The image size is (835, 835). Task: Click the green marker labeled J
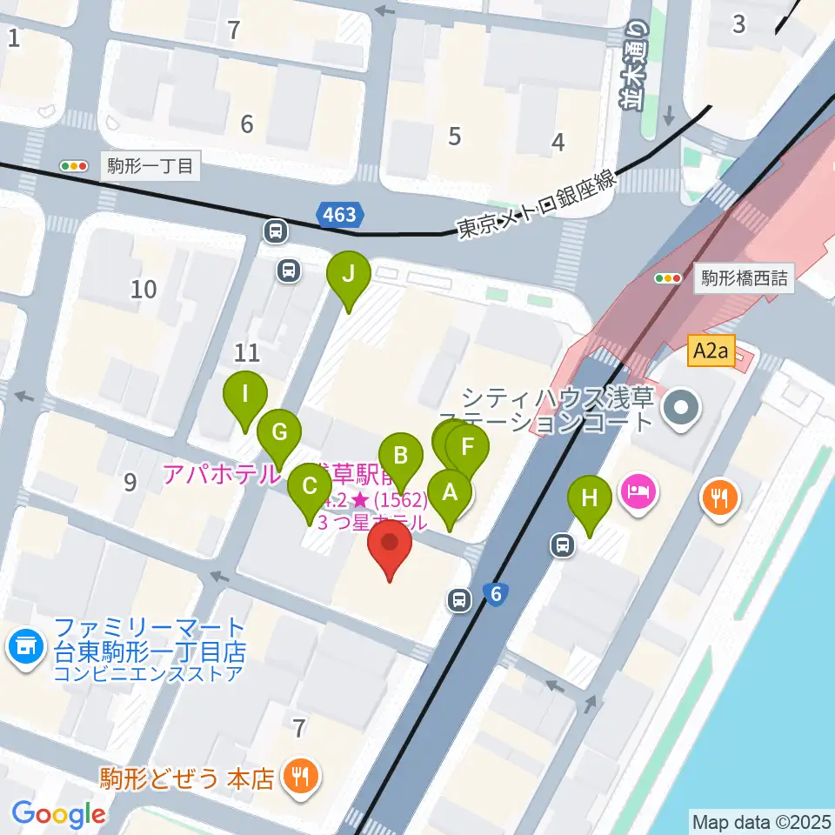click(348, 275)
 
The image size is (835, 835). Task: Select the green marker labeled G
click(279, 432)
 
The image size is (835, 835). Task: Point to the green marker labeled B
click(401, 456)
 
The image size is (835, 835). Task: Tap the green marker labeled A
click(450, 493)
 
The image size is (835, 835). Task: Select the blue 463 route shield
click(339, 215)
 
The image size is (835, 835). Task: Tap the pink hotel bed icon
click(639, 492)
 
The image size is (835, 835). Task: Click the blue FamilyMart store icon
click(24, 646)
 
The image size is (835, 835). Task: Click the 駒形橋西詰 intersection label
click(745, 278)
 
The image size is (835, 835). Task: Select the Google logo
click(58, 814)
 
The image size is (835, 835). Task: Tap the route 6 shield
click(496, 594)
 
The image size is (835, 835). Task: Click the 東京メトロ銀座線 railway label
click(537, 204)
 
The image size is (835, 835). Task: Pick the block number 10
click(144, 289)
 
